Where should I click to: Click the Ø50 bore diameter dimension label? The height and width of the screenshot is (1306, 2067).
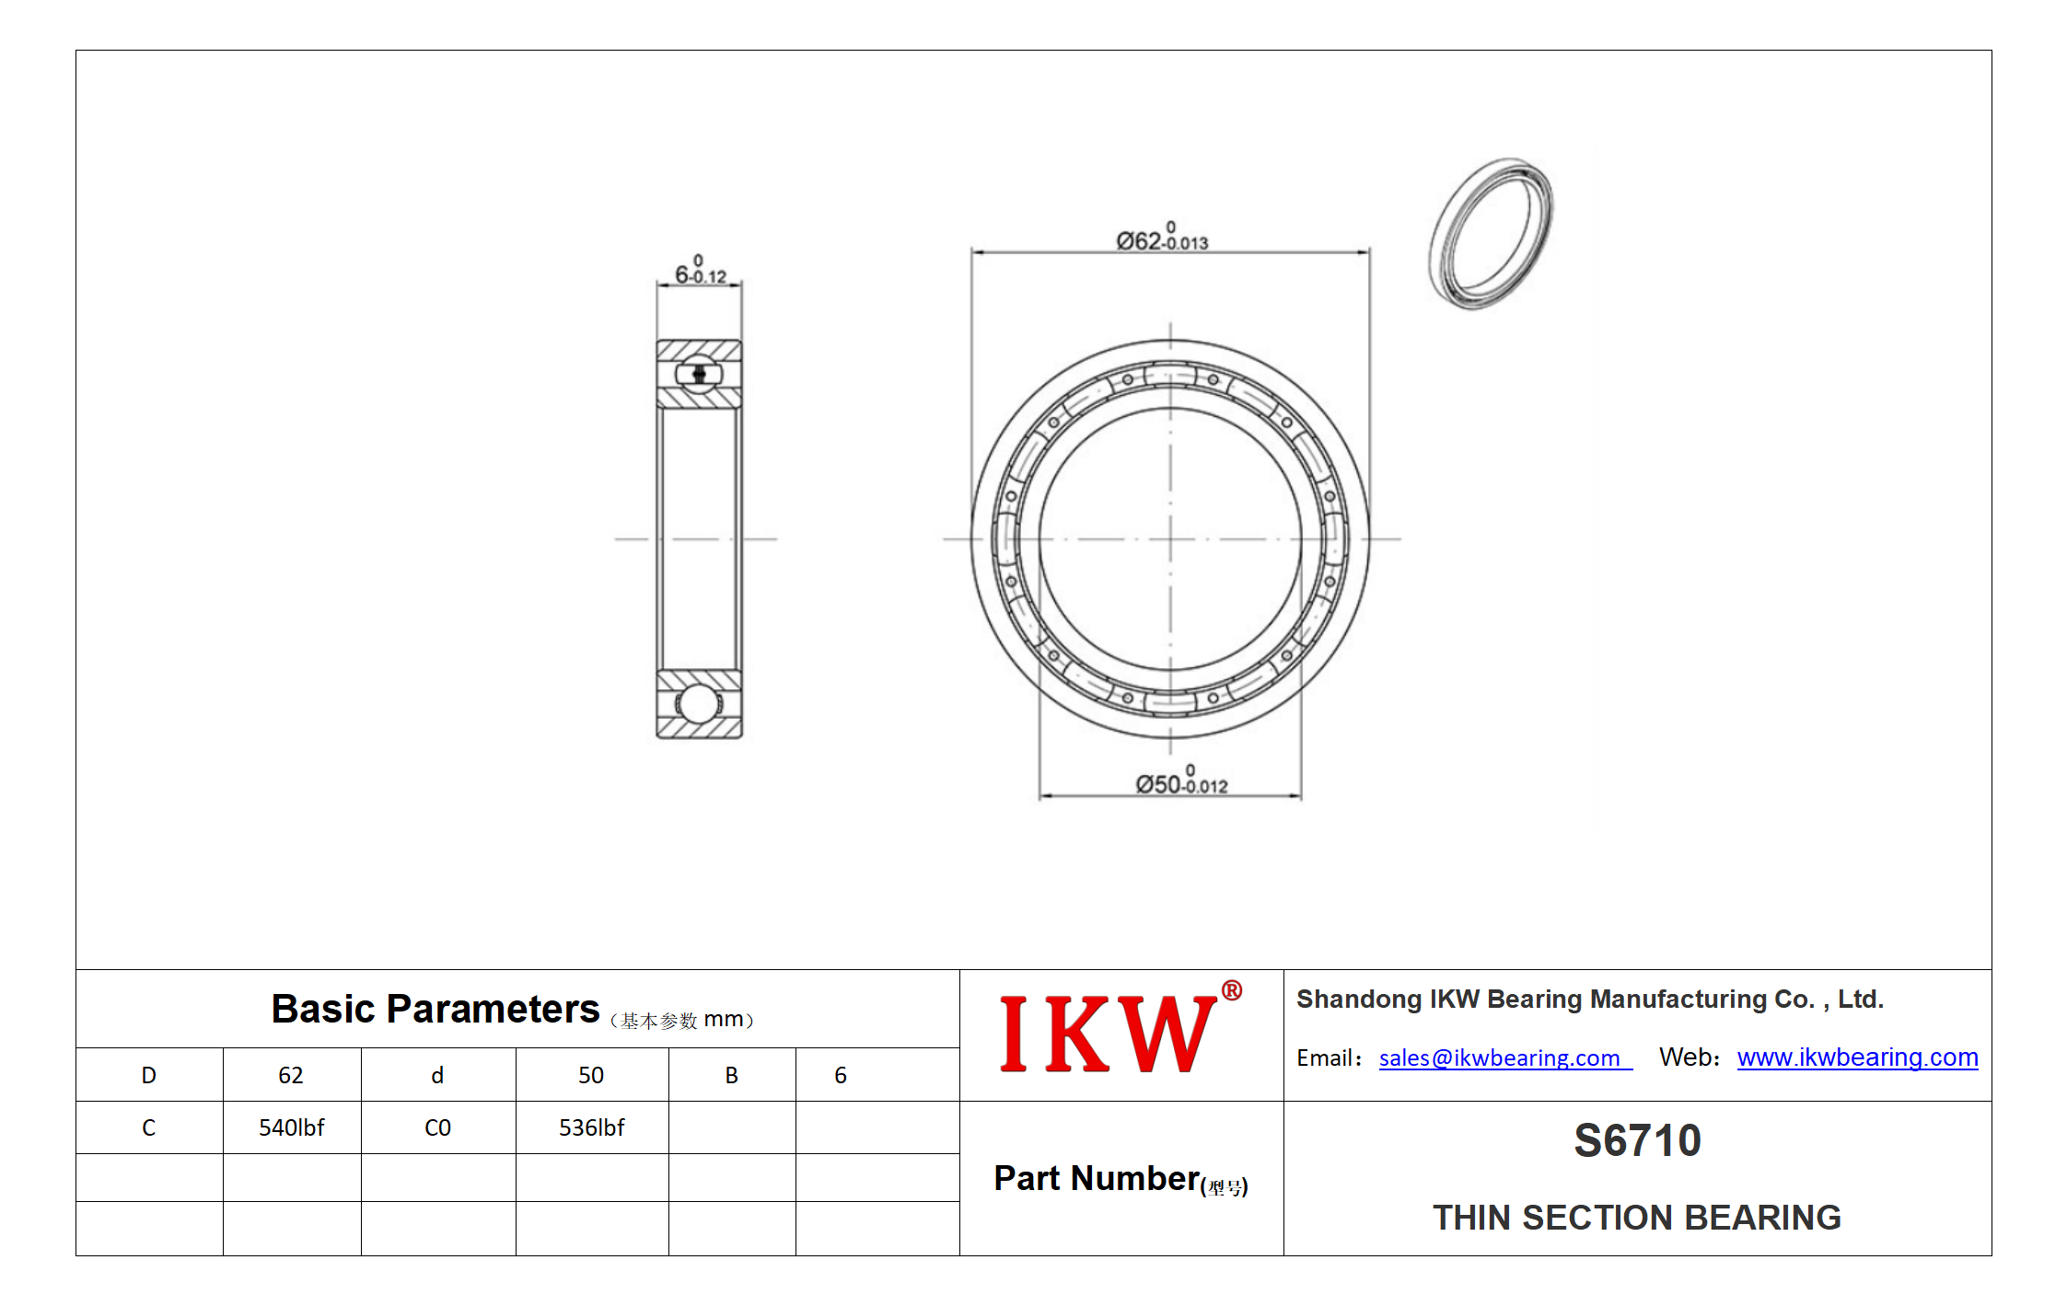[x=1181, y=780]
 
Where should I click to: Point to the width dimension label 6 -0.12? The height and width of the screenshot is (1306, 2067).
[x=701, y=270]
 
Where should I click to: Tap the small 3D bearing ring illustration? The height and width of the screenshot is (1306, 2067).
[x=1491, y=233]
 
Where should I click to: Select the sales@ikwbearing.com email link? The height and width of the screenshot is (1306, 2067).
[x=1504, y=1058]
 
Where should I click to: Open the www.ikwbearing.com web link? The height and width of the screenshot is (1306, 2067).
[x=1857, y=1058]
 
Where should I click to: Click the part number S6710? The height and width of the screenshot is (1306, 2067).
[x=1637, y=1140]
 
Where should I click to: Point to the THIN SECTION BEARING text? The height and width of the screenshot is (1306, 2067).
[x=1636, y=1218]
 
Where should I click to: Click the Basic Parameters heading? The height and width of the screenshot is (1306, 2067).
[x=435, y=1009]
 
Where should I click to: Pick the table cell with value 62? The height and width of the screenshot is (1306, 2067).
[x=291, y=1075]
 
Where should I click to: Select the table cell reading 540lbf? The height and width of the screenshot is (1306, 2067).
[x=291, y=1127]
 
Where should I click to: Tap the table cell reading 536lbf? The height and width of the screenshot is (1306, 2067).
[x=591, y=1127]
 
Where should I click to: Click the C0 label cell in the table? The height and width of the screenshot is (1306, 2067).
[x=437, y=1127]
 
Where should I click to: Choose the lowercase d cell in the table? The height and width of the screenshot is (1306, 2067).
[x=437, y=1075]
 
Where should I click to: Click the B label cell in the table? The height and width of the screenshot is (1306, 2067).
[x=731, y=1075]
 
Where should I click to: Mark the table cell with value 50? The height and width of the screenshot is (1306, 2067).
[x=591, y=1075]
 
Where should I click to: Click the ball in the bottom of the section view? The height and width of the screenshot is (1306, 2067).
[x=697, y=705]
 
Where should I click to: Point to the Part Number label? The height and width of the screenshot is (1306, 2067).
[x=1121, y=1179]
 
